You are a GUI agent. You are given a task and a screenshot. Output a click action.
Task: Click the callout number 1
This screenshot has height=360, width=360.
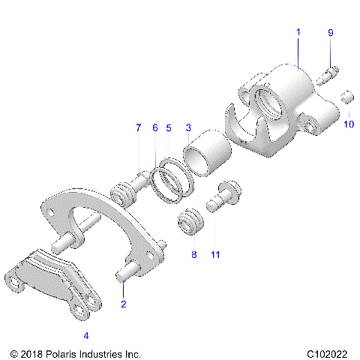pos(298,33)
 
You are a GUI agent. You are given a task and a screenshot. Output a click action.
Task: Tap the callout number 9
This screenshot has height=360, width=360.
pos(330,33)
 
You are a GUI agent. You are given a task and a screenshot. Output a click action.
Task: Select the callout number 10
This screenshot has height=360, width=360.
pos(349,124)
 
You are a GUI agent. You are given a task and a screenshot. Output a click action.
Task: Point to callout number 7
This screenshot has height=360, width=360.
pos(139,128)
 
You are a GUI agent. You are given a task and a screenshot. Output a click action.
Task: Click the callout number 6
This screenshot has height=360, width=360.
pos(154,128)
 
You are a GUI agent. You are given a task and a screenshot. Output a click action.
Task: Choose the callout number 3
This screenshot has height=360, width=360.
pos(188,128)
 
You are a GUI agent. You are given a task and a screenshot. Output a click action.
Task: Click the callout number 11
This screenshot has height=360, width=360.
pos(215,255)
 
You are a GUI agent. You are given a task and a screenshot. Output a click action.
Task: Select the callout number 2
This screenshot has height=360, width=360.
pos(123,304)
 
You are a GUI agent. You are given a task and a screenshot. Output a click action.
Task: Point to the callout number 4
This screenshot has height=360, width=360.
pos(86,335)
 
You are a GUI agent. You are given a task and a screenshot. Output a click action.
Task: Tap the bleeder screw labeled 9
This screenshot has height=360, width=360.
pos(328,73)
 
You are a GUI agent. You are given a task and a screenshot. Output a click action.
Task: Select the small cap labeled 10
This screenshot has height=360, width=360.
pos(347,97)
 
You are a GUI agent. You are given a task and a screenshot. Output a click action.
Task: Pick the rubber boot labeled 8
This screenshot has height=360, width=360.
pos(191,223)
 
